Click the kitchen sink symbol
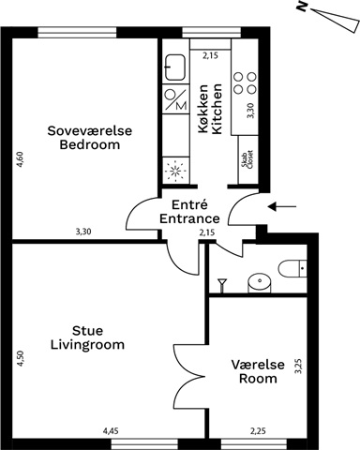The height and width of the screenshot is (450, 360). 174,67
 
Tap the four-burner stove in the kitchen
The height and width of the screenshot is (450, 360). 245,83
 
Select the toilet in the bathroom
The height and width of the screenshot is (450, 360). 292,268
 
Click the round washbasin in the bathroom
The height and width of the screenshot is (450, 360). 259,282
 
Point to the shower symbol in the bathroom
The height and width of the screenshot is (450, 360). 222,285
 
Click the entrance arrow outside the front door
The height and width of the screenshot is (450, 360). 282,206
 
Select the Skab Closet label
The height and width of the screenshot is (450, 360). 248,159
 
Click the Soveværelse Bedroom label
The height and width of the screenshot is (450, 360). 90,138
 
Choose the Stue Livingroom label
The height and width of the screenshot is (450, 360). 87,337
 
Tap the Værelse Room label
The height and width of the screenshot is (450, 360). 258,371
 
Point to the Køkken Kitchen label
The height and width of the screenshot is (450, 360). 210,109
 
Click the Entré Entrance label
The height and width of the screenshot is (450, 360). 189,212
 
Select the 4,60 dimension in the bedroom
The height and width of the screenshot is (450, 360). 20,159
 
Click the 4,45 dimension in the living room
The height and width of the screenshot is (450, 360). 111,431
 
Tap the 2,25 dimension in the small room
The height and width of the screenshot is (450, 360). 258,431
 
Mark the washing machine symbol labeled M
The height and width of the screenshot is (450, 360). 176,99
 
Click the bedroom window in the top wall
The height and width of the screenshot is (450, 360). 77,33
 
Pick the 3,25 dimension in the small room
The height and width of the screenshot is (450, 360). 299,367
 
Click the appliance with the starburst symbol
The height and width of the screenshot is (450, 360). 176,171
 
